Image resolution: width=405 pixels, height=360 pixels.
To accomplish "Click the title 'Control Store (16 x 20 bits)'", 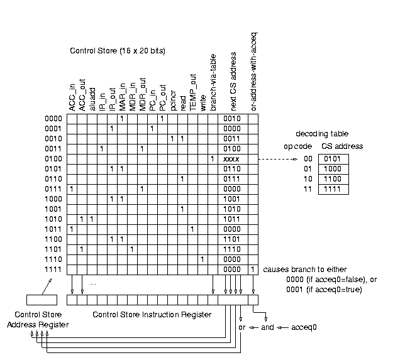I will [117, 51].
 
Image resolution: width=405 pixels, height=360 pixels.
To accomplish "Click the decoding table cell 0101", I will [331, 159].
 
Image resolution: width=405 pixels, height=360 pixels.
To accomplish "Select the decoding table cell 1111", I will [331, 189].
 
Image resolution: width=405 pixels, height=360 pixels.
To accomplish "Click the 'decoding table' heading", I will [321, 134].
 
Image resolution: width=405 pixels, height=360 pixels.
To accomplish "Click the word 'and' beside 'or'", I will [267, 327].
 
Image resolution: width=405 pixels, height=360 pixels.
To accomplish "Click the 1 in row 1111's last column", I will [253, 269].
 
